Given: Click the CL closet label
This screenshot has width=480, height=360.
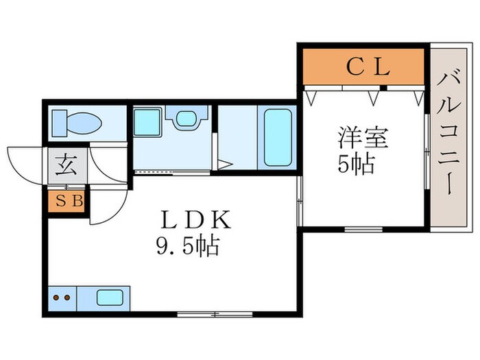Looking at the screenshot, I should click(367, 67).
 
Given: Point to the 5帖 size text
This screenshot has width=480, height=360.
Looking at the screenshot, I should click(357, 165).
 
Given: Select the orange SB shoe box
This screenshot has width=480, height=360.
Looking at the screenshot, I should click(67, 201).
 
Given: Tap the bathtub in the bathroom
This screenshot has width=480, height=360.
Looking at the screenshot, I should click(277, 136).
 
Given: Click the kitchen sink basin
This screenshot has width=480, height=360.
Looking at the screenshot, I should click(109, 298).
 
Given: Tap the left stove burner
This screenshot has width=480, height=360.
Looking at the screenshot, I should click(56, 298).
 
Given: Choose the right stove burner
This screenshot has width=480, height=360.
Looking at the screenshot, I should click(67, 298).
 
